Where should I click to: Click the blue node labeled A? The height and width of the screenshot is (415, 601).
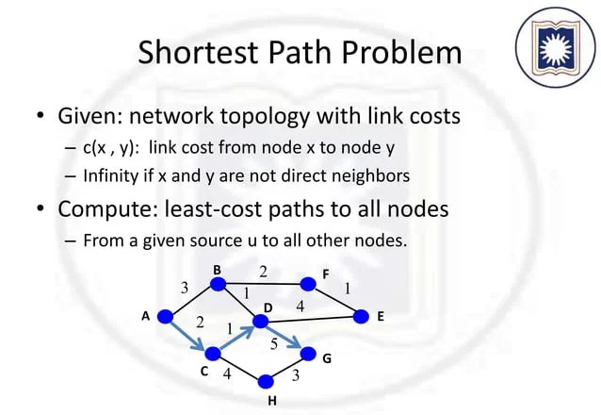[x=165, y=318]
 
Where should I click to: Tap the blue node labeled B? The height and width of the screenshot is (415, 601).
[x=219, y=283]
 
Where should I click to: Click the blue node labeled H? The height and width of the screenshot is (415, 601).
[x=266, y=382]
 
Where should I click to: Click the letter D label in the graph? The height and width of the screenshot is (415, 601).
[x=268, y=308]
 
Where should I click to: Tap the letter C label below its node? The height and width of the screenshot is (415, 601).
[x=204, y=373]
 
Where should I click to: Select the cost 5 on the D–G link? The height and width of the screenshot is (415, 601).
[x=274, y=343]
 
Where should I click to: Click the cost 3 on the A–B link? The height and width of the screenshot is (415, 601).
[x=185, y=288]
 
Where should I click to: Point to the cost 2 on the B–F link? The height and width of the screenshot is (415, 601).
[x=264, y=272]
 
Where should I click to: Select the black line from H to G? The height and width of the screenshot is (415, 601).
[x=287, y=369]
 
